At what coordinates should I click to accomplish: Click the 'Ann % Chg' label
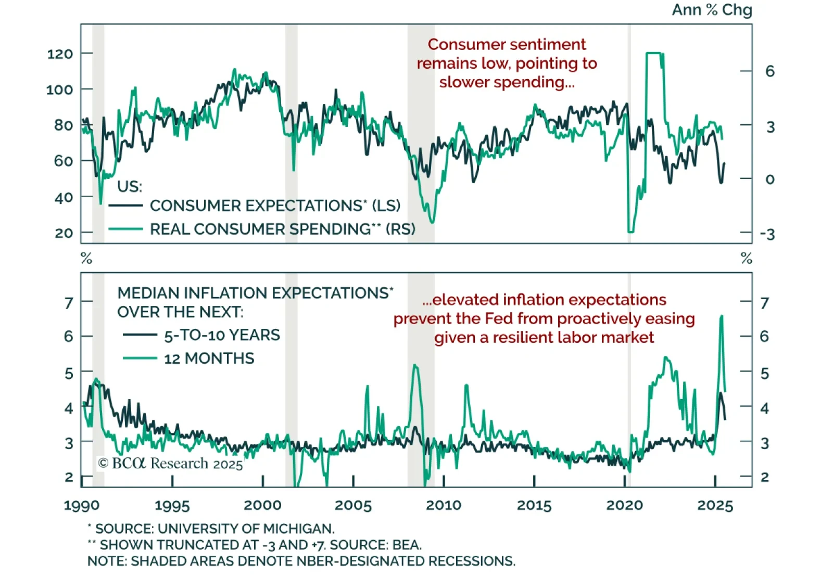tap(711, 10)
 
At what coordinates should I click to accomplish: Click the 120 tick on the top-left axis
tap(60, 54)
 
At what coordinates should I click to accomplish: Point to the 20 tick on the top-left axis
tap(64, 233)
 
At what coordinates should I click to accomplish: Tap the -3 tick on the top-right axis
tap(767, 234)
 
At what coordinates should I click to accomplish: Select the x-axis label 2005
tap(353, 505)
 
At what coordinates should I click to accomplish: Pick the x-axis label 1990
tap(82, 505)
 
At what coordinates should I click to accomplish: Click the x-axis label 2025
tap(715, 505)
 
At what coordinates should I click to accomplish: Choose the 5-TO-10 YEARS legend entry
tap(222, 335)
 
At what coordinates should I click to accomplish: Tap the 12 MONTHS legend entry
tap(209, 359)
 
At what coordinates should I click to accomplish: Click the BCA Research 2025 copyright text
tap(170, 463)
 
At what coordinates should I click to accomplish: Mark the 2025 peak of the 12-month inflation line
tap(722, 316)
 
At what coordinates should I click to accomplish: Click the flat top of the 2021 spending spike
tap(654, 53)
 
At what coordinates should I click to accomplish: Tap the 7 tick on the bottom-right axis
tap(764, 303)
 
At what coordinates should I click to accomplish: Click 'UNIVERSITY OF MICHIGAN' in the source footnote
tap(246, 529)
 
